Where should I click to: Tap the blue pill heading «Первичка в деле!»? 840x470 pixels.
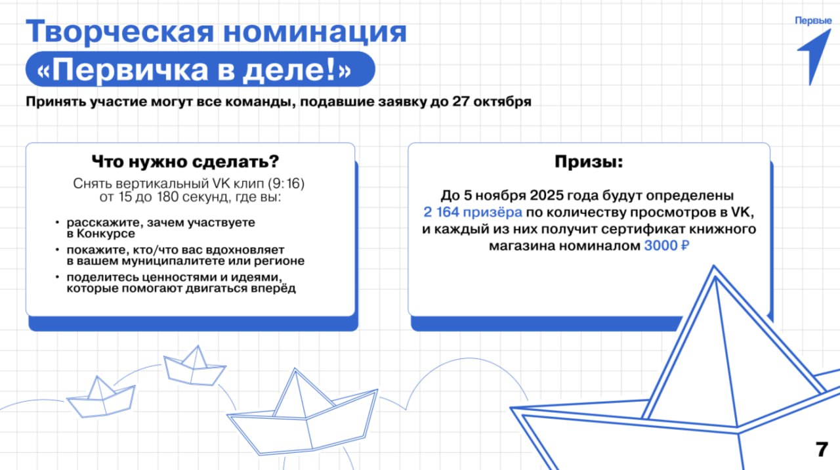click(x=199, y=70)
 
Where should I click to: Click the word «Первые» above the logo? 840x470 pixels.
click(x=813, y=20)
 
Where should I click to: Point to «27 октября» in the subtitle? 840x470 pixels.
click(x=501, y=104)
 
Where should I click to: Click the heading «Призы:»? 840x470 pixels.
click(x=589, y=161)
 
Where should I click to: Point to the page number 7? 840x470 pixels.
click(x=821, y=450)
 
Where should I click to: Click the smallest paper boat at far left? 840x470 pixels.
click(x=100, y=398)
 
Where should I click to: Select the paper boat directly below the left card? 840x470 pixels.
click(x=195, y=367)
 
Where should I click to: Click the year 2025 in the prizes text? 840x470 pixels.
click(x=549, y=196)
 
